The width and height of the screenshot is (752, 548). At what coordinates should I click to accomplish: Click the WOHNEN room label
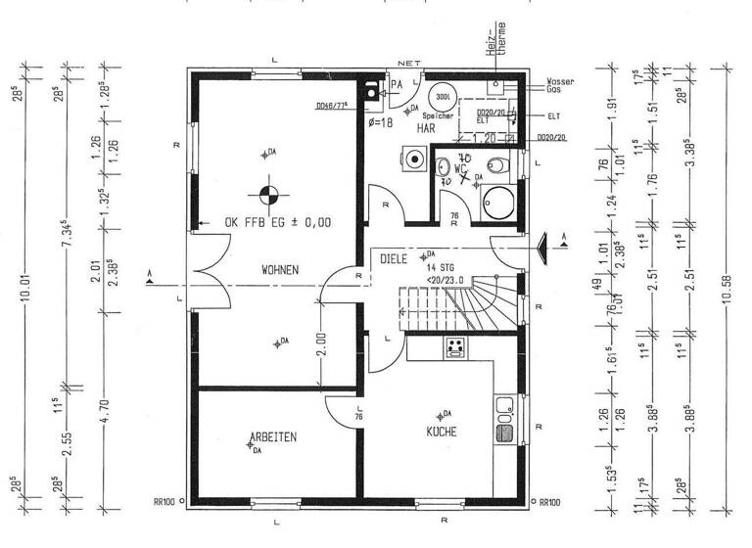(x=280, y=269)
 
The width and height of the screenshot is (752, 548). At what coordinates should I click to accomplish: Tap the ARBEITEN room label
(x=273, y=436)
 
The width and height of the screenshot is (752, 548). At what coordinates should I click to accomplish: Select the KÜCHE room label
(x=441, y=431)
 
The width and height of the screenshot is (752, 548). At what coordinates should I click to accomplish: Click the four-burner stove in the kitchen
(x=454, y=346)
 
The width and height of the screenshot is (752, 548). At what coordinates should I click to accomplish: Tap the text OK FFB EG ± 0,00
(x=277, y=222)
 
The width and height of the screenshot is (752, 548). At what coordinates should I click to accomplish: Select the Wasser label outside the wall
(x=560, y=80)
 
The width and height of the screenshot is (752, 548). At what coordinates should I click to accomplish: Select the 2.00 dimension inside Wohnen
(x=321, y=345)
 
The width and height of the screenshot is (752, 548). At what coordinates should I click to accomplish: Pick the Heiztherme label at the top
(x=496, y=33)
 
